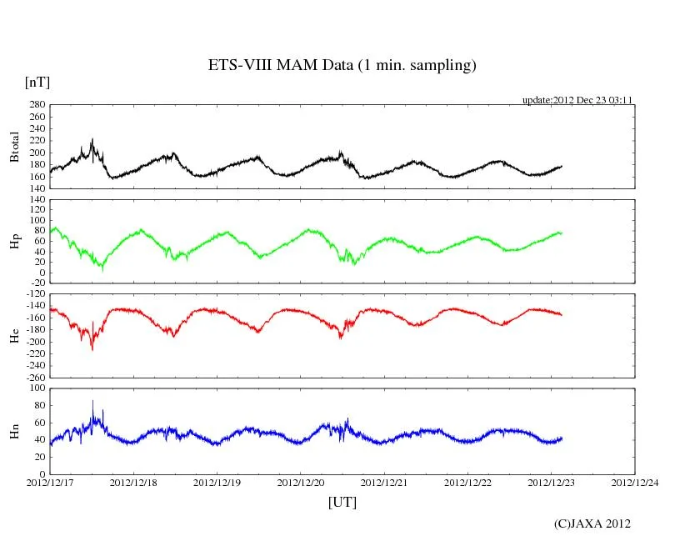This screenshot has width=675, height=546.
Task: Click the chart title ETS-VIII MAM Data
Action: pyautogui.click(x=342, y=66)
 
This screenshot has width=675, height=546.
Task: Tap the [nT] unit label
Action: pyautogui.click(x=37, y=83)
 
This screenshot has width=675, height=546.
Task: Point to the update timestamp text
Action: pyautogui.click(x=577, y=100)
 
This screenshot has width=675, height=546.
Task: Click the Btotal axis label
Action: pyautogui.click(x=14, y=147)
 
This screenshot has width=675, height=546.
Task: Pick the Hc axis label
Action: pyautogui.click(x=14, y=335)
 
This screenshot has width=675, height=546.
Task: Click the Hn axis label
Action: pyautogui.click(x=14, y=431)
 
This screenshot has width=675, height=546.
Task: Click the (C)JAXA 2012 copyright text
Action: pyautogui.click(x=592, y=523)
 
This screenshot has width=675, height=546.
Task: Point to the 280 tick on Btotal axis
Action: pyautogui.click(x=37, y=105)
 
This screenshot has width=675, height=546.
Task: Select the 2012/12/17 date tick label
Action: pyautogui.click(x=50, y=482)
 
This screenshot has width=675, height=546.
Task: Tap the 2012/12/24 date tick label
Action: pyautogui.click(x=634, y=482)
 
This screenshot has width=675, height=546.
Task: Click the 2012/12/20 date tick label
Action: pyautogui.click(x=301, y=482)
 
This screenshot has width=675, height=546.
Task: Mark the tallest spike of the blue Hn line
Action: pyautogui.click(x=92, y=401)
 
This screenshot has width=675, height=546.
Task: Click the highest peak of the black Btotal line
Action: pyautogui.click(x=92, y=139)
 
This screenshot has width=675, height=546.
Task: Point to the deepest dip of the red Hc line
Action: pyautogui.click(x=92, y=350)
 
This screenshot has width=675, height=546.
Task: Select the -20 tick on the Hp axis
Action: pyautogui.click(x=37, y=283)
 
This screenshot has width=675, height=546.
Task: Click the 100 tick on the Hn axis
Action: pyautogui.click(x=37, y=388)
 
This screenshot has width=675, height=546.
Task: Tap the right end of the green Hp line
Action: pyautogui.click(x=562, y=233)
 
